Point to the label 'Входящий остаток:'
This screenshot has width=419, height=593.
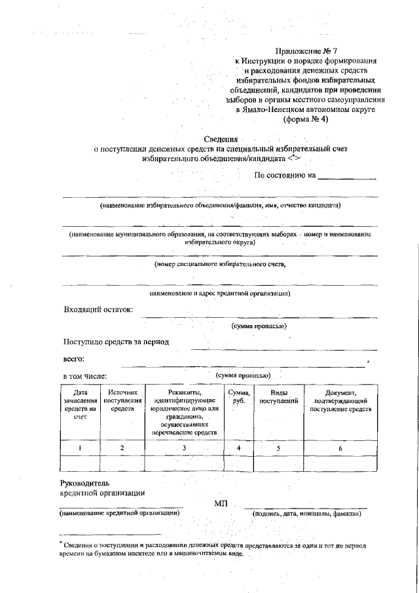(x=98, y=309)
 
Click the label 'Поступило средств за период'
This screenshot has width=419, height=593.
(x=116, y=341)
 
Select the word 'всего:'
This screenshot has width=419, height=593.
(x=73, y=358)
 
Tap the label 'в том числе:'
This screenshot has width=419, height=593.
(x=85, y=376)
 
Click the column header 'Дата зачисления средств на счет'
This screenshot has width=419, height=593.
(x=80, y=404)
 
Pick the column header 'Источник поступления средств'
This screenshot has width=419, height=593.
(x=122, y=400)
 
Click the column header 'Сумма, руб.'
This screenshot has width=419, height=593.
(x=238, y=396)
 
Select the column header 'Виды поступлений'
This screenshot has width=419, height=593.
(x=278, y=396)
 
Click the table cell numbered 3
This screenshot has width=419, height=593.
(x=185, y=448)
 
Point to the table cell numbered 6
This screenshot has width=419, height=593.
(x=340, y=448)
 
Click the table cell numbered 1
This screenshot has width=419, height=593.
(x=80, y=448)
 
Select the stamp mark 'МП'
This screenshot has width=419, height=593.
(x=221, y=503)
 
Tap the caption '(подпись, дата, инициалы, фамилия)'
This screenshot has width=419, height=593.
(x=306, y=514)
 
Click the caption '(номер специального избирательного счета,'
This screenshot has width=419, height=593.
(x=220, y=264)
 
